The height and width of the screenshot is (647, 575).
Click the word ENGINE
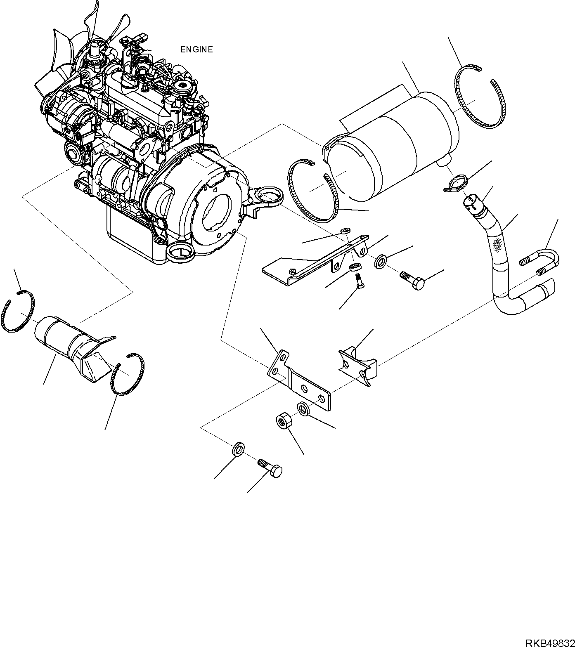196,50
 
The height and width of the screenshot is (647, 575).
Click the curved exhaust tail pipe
502,264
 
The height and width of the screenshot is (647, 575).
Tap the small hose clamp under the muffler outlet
457,184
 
